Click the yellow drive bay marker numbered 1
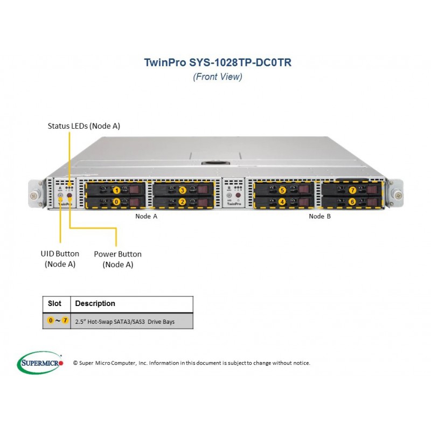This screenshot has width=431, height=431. (x=117, y=190)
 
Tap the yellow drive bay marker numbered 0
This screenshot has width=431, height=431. (x=116, y=201)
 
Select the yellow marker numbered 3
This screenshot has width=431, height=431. (x=182, y=190)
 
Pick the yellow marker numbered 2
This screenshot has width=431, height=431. (x=182, y=201)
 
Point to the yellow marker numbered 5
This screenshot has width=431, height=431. (x=282, y=190)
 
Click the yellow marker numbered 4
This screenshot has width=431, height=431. (x=282, y=201)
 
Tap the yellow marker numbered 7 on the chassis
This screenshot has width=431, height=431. (x=352, y=190)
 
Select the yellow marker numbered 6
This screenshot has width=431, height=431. (x=352, y=201)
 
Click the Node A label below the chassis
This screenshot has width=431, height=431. (x=146, y=217)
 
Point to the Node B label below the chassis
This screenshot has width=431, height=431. (x=319, y=217)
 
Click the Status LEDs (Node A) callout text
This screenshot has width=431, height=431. (x=84, y=126)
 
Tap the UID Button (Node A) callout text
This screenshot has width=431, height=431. (x=60, y=259)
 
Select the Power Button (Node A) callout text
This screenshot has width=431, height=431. (x=117, y=259)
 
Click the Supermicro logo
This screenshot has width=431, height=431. (x=40, y=363)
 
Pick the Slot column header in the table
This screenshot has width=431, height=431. (x=54, y=303)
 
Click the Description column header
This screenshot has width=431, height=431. (x=95, y=303)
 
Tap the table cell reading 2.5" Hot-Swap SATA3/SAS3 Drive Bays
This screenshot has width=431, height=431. (x=125, y=322)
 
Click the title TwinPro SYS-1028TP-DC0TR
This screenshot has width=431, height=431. (x=218, y=62)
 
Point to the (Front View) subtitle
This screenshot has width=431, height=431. (x=218, y=77)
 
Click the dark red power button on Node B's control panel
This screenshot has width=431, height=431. (x=238, y=195)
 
